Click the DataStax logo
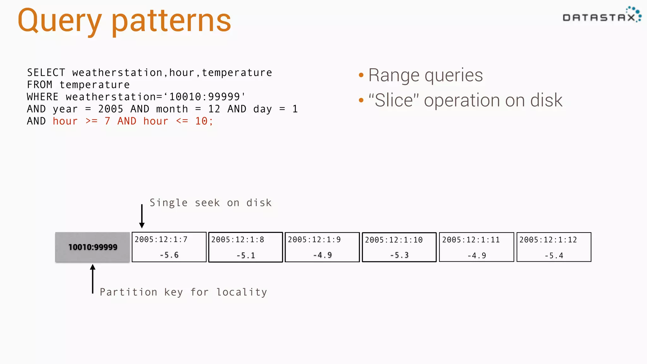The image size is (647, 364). click(x=602, y=16)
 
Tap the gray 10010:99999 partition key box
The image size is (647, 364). click(x=93, y=247)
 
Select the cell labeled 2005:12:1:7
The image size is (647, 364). click(x=169, y=247)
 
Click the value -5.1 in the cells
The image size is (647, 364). click(x=245, y=255)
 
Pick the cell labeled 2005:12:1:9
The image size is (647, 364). click(x=322, y=247)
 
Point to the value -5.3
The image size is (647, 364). click(x=399, y=255)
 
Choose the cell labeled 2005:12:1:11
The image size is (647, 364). click(x=476, y=247)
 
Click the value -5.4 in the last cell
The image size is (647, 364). click(x=554, y=256)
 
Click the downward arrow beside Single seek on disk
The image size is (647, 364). click(x=142, y=216)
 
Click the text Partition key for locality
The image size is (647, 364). click(x=183, y=292)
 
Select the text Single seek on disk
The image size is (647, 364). click(x=210, y=203)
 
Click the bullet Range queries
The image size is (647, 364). click(x=425, y=75)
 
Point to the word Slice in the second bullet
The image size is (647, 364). click(x=394, y=100)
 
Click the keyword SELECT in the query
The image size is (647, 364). click(x=46, y=73)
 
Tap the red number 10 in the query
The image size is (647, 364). click(x=201, y=121)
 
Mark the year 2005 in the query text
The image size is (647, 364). click(x=111, y=109)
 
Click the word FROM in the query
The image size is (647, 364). click(x=39, y=85)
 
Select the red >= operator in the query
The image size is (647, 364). click(x=91, y=121)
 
